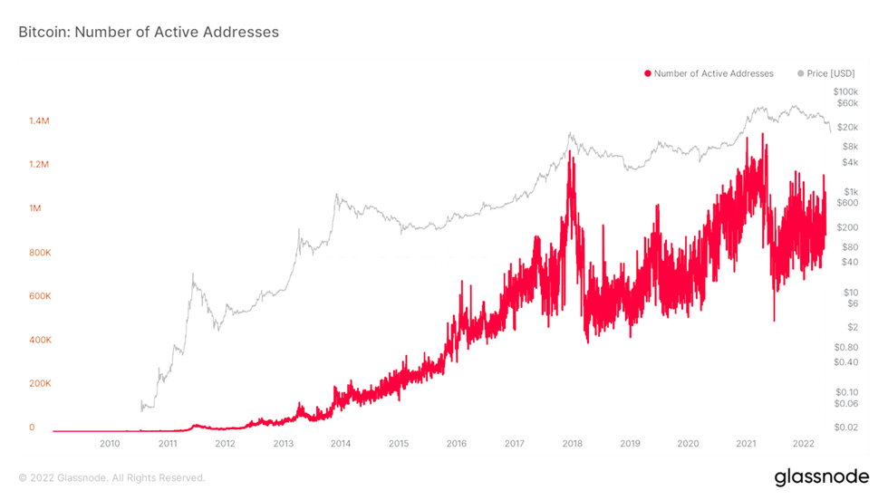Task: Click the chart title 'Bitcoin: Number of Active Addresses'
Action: [149, 32]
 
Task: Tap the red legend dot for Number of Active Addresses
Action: [647, 73]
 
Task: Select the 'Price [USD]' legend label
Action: [830, 73]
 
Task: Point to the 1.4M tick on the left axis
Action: [40, 120]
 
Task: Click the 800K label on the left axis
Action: [40, 253]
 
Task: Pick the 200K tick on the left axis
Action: [40, 384]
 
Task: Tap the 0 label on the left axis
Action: [32, 428]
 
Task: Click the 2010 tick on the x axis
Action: [110, 444]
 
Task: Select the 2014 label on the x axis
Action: [341, 444]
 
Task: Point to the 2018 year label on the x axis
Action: [572, 444]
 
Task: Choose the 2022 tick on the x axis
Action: [803, 444]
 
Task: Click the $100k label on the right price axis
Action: [845, 92]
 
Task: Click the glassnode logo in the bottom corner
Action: [821, 476]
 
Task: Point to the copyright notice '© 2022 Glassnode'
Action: [111, 477]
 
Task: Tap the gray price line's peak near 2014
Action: [337, 194]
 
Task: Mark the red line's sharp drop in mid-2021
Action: [774, 317]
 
